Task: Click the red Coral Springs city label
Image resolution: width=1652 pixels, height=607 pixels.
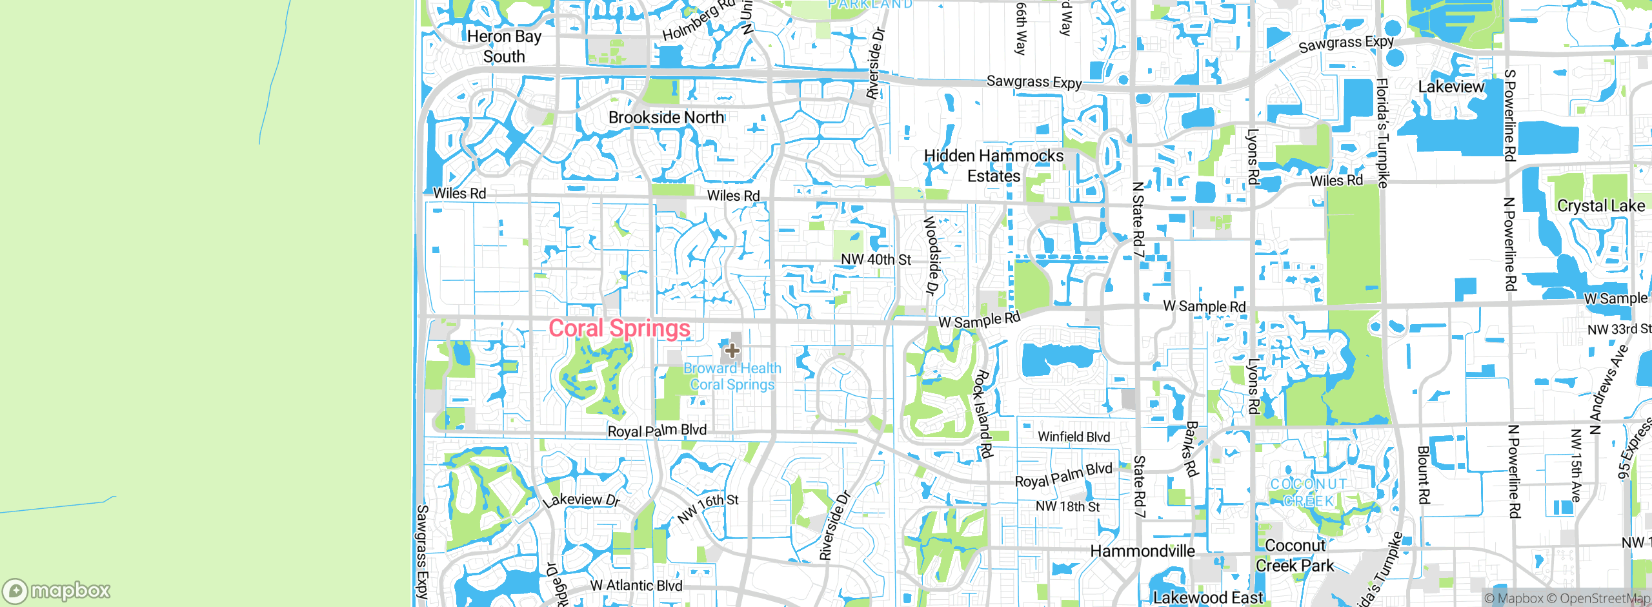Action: pyautogui.click(x=619, y=328)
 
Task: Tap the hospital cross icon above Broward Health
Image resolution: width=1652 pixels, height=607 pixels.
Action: pyautogui.click(x=732, y=351)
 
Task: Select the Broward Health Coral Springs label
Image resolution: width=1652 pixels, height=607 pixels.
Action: pyautogui.click(x=732, y=376)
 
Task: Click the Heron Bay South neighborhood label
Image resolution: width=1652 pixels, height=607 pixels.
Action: pyautogui.click(x=504, y=46)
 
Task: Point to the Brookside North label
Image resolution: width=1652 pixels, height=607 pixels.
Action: pyautogui.click(x=666, y=118)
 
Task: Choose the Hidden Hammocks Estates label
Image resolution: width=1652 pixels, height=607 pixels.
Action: pyautogui.click(x=994, y=166)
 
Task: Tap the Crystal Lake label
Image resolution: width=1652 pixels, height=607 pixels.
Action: pyautogui.click(x=1600, y=206)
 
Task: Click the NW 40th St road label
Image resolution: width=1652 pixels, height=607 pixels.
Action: pyautogui.click(x=876, y=260)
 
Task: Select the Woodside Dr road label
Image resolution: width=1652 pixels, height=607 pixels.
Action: pyautogui.click(x=931, y=255)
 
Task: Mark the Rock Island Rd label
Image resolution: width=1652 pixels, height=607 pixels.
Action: pyautogui.click(x=983, y=414)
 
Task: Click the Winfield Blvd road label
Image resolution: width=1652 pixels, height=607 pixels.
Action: pyautogui.click(x=1074, y=437)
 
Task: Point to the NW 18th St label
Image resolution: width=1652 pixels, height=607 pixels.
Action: pyautogui.click(x=1067, y=507)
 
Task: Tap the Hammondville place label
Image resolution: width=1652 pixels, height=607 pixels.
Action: pyautogui.click(x=1142, y=551)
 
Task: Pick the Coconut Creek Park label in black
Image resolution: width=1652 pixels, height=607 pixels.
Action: pyautogui.click(x=1294, y=556)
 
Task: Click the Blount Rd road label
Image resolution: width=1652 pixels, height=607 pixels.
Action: pyautogui.click(x=1424, y=475)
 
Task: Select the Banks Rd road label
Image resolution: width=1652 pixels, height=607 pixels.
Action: pyautogui.click(x=1191, y=449)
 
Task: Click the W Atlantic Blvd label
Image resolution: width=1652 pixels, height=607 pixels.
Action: pyautogui.click(x=636, y=586)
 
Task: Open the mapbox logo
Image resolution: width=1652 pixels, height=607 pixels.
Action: pyautogui.click(x=57, y=591)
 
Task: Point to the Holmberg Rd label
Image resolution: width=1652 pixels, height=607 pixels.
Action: pyautogui.click(x=699, y=21)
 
